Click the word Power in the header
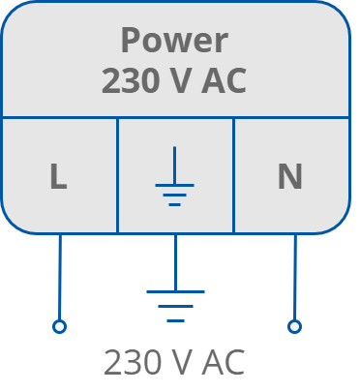(x=174, y=41)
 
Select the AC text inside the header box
(x=222, y=81)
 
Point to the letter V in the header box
(x=184, y=81)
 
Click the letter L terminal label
(x=58, y=177)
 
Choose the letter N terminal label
(x=289, y=177)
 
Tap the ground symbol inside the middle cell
(x=174, y=178)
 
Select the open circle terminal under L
(x=59, y=327)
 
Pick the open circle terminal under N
(x=295, y=327)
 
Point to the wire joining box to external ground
(x=175, y=261)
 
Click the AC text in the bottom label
(x=222, y=363)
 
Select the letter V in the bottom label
(x=184, y=363)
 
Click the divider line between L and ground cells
(x=117, y=174)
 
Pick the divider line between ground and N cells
(x=233, y=174)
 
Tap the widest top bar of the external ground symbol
(x=175, y=291)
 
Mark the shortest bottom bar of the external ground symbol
(x=175, y=319)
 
